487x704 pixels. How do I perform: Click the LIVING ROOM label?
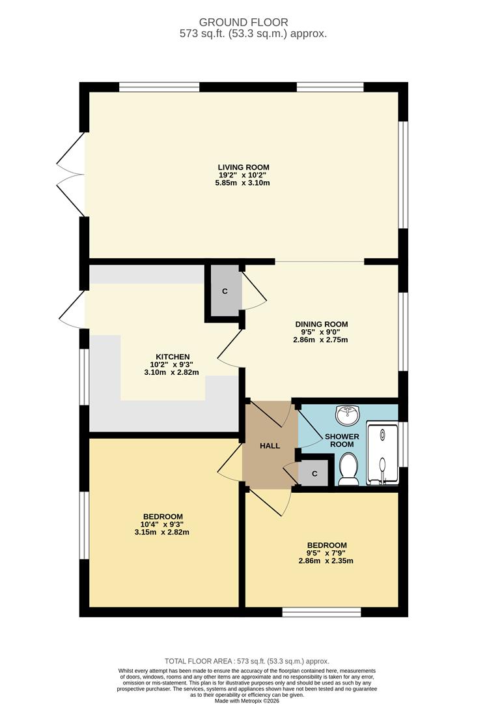click(x=243, y=168)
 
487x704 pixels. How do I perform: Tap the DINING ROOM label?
click(x=321, y=324)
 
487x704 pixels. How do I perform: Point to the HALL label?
click(x=270, y=446)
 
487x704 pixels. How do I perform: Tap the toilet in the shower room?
click(x=348, y=469)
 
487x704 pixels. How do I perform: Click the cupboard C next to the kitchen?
click(x=225, y=291)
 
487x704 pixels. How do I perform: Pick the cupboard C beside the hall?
click(x=314, y=474)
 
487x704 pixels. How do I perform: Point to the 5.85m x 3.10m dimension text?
click(x=243, y=183)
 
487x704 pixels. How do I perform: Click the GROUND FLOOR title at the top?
click(x=244, y=23)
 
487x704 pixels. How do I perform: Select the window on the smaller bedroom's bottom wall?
click(x=322, y=612)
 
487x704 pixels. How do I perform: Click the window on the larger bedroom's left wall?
click(x=84, y=525)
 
